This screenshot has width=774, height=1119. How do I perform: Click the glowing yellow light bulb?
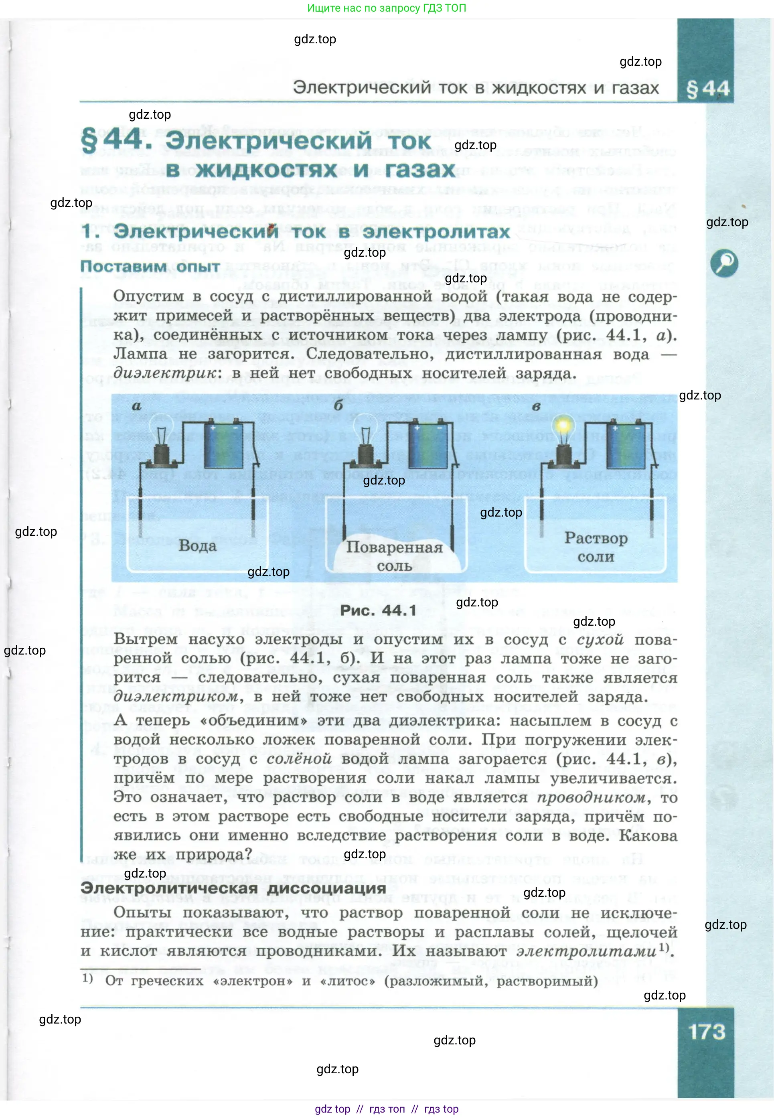pyautogui.click(x=563, y=426)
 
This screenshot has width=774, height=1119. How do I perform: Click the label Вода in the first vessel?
pyautogui.click(x=197, y=546)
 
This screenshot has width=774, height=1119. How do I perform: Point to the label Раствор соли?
pyautogui.click(x=596, y=547)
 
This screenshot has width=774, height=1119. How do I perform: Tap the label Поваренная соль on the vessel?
pyautogui.click(x=394, y=556)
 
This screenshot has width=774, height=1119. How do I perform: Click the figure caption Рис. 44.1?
pyautogui.click(x=378, y=610)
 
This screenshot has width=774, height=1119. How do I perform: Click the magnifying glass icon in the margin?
pyautogui.click(x=723, y=264)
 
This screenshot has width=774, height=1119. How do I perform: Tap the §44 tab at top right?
pyautogui.click(x=707, y=89)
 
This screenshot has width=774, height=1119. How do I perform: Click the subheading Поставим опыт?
pyautogui.click(x=150, y=266)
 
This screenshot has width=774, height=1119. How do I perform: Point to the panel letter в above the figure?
pyautogui.click(x=536, y=406)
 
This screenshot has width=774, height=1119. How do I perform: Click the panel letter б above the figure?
pyautogui.click(x=338, y=405)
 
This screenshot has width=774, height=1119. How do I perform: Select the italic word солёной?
pyautogui.click(x=299, y=758)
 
